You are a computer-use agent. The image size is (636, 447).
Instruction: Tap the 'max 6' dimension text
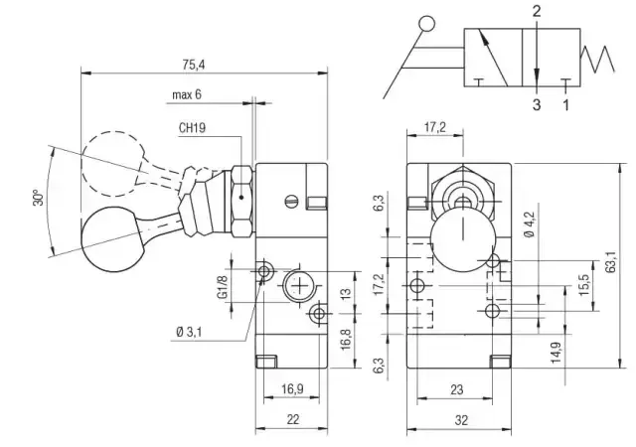(x=186, y=95)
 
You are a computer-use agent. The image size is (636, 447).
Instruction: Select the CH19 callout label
(x=192, y=128)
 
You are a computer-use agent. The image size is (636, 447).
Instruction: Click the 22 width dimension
(x=293, y=420)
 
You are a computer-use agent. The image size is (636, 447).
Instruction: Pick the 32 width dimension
(x=461, y=420)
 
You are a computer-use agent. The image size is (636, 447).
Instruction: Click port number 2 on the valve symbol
(x=536, y=12)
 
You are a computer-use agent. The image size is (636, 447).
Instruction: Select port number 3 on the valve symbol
(x=536, y=103)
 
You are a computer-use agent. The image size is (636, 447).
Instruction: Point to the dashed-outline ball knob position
(x=111, y=156)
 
